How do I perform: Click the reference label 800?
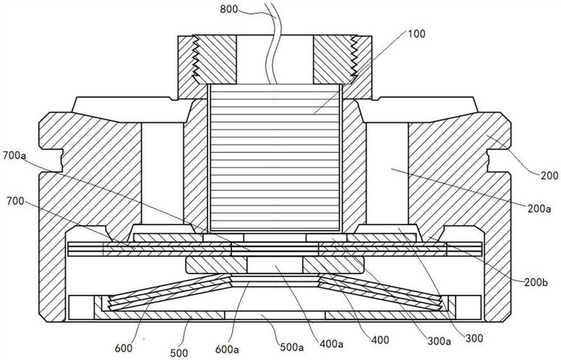[x=229, y=9]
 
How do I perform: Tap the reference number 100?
[x=417, y=34]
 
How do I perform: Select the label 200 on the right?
[x=549, y=175]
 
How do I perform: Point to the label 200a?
[x=539, y=208]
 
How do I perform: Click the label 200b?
[x=536, y=283]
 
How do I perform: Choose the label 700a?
[x=14, y=156]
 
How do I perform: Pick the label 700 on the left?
[x=15, y=201]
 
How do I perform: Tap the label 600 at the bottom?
[x=124, y=348]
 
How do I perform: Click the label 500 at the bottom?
[x=179, y=353]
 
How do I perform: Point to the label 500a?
[x=291, y=347]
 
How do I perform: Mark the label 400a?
[x=331, y=345]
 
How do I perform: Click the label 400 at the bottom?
[x=379, y=339]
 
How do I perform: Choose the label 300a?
[x=439, y=341]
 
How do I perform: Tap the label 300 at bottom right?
[x=474, y=338]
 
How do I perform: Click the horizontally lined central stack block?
[x=275, y=158]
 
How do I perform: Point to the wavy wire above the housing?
[x=273, y=43]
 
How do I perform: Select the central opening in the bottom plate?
[x=275, y=315]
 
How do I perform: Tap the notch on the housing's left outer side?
[x=51, y=160]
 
